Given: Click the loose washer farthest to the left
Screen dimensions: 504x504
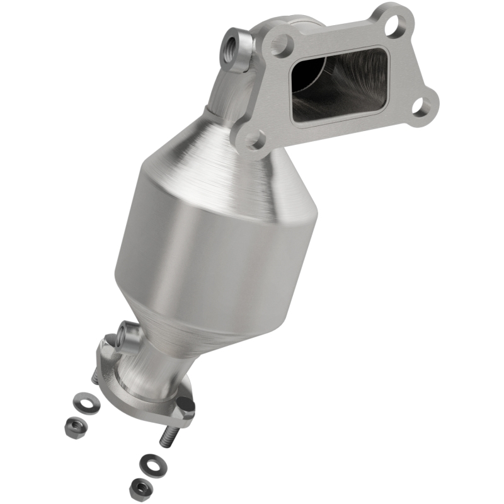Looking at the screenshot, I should [x=81, y=400].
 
